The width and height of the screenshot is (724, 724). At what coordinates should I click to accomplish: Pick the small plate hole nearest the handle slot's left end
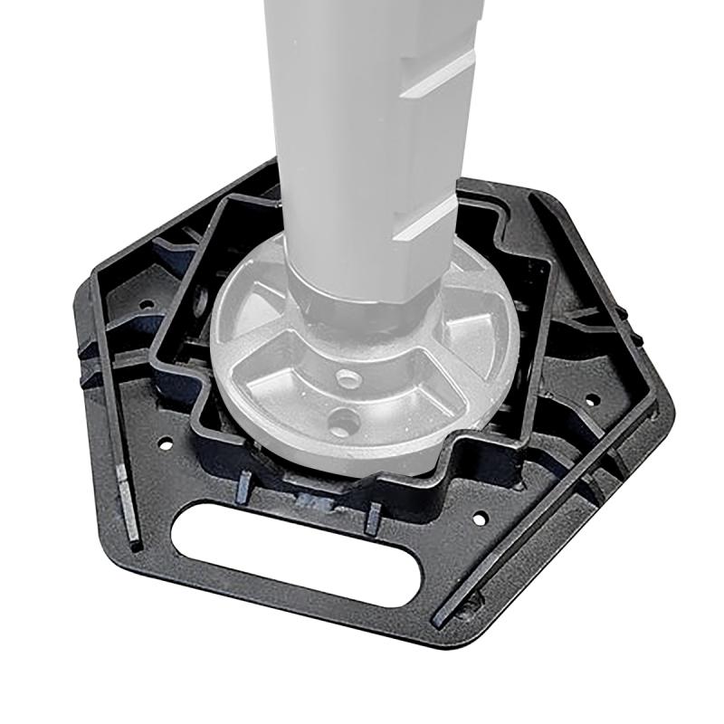coord(166,444)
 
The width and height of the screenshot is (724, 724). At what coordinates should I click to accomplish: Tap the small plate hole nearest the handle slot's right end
coord(481,519)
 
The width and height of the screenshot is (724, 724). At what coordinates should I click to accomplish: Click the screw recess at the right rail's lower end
coord(441,615)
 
